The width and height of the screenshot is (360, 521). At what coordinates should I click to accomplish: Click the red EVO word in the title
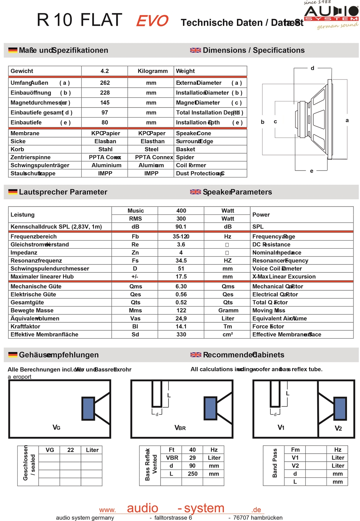[152, 21]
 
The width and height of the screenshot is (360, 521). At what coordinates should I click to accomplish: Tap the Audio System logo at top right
[332, 14]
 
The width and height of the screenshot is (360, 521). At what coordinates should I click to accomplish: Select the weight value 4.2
[104, 71]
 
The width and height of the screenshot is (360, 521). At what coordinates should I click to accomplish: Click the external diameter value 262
[105, 83]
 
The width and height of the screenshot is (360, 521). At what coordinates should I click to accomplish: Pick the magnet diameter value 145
[105, 103]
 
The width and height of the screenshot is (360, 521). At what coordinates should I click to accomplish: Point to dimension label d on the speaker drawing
[312, 68]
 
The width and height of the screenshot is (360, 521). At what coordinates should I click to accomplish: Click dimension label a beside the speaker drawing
[347, 120]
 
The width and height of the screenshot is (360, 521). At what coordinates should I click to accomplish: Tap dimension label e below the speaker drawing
[311, 171]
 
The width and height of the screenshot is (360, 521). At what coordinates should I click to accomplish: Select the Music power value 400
[181, 210]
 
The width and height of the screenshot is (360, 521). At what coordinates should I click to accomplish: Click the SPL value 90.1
[181, 227]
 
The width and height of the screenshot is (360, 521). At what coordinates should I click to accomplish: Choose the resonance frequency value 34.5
[181, 260]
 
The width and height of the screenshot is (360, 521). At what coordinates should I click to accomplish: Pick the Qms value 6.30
[181, 286]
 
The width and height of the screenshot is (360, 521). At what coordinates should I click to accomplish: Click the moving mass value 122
[181, 311]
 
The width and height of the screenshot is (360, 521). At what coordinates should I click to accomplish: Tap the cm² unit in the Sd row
[228, 335]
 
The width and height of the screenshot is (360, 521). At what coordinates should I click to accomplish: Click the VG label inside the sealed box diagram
[57, 427]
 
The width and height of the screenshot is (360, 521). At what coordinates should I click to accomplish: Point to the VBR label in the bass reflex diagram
[180, 428]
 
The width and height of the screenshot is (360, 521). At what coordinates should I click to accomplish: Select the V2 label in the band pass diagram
[338, 428]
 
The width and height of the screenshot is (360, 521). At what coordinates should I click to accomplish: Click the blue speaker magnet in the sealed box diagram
[88, 408]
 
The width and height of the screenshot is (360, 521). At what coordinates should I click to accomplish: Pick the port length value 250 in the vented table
[193, 474]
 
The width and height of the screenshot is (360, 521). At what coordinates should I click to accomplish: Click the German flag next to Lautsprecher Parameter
[13, 192]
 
